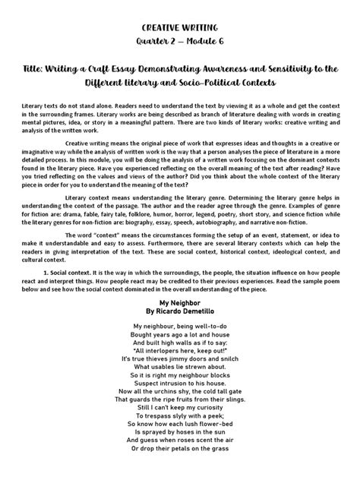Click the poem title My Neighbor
tap(179, 302)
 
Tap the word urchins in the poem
tap(176, 397)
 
